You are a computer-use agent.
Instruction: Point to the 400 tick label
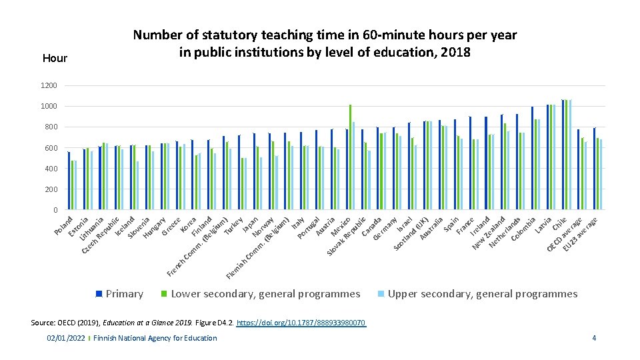pyautogui.click(x=51, y=169)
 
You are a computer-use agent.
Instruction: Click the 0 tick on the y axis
pyautogui.click(x=55, y=211)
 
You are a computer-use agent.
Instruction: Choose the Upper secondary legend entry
pyautogui.click(x=482, y=294)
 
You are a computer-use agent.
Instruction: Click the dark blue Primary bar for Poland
pyautogui.click(x=69, y=181)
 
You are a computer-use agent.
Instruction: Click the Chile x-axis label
pyautogui.click(x=559, y=223)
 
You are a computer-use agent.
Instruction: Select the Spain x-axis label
pyautogui.click(x=451, y=223)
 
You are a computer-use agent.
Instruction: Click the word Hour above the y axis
pyautogui.click(x=55, y=58)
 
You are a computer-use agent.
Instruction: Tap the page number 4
pyautogui.click(x=594, y=338)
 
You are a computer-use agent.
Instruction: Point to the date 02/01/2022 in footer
pyautogui.click(x=65, y=338)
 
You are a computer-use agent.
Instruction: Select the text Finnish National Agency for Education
pyautogui.click(x=155, y=338)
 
